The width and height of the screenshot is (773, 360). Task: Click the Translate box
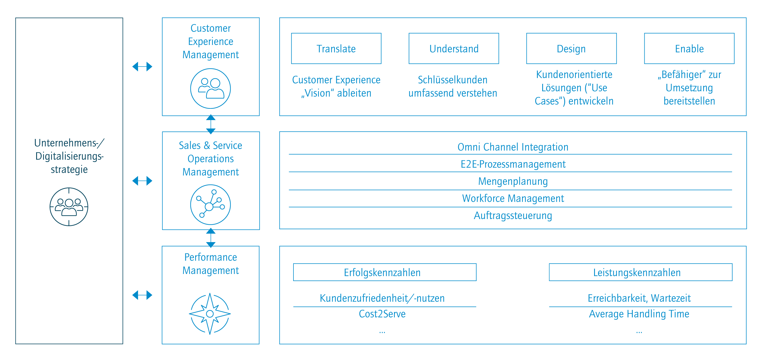[336, 48]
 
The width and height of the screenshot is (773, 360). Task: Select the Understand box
[454, 48]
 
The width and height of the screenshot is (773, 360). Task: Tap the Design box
[571, 48]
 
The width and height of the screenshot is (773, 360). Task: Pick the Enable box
[689, 48]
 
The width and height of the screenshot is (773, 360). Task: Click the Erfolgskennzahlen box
[385, 272]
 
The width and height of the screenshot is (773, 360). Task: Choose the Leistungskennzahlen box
[641, 272]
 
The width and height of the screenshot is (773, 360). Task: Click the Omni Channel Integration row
[513, 147]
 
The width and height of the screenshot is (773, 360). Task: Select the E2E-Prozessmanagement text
[513, 164]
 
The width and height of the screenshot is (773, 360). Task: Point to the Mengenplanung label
[513, 181]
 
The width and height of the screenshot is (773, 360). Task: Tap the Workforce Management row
[513, 198]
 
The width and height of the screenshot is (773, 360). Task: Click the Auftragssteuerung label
[513, 215]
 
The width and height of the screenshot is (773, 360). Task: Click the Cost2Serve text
[382, 314]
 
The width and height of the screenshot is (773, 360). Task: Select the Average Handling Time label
[639, 314]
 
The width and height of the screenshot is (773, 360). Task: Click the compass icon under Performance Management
[210, 314]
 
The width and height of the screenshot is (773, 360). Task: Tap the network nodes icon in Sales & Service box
[210, 205]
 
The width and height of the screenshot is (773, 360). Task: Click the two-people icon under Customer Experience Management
[210, 89]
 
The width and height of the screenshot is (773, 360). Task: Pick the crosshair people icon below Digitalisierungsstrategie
[69, 207]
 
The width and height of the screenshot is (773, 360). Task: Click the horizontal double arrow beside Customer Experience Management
[142, 66]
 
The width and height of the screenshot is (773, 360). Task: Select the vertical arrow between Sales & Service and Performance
[211, 238]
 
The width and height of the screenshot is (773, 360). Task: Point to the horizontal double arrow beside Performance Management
[142, 295]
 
